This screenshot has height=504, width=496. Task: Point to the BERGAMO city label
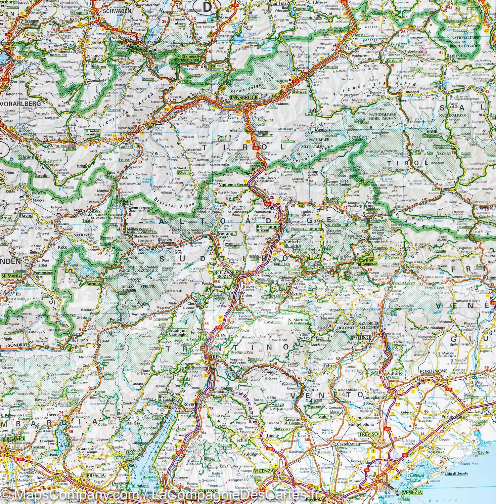pyautogui.click(x=12, y=439)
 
